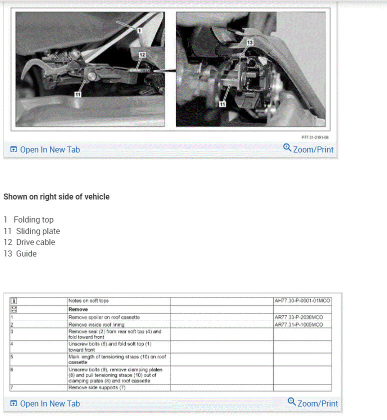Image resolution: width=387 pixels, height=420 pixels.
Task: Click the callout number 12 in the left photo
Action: [142, 54]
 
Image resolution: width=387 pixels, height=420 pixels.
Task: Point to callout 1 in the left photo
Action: [140, 30]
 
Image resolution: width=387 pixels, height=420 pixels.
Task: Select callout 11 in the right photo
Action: [222, 104]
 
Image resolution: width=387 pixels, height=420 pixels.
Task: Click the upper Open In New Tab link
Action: [45, 149]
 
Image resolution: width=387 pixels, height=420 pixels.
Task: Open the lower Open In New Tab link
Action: [45, 403]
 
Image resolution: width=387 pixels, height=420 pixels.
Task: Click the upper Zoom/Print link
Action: [308, 149]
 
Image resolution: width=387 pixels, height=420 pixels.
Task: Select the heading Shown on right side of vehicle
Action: [56, 197]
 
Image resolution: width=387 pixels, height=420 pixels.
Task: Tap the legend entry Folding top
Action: [33, 219]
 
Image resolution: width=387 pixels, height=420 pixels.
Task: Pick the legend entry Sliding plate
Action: [38, 231]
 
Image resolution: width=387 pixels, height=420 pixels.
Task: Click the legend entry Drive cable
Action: [35, 242]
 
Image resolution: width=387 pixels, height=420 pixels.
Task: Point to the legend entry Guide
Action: [26, 253]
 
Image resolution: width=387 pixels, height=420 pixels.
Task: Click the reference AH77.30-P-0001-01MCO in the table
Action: [302, 301]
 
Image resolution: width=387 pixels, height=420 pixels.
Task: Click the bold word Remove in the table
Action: [78, 309]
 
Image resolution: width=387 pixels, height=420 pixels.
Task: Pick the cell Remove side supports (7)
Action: [97, 387]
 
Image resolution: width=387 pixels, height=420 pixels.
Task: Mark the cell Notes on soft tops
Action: [88, 301]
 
